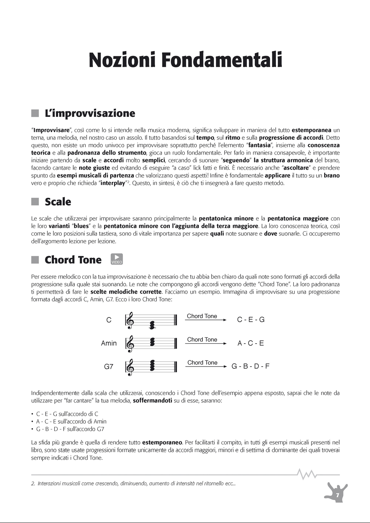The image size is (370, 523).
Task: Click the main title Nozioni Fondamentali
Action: pyautogui.click(x=185, y=60)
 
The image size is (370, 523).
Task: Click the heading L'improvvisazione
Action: pyautogui.click(x=90, y=113)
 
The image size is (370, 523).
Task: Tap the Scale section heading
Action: pyautogui.click(x=58, y=202)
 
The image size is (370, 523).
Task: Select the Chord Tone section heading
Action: pyautogui.click(x=73, y=260)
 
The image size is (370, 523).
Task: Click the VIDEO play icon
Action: pyautogui.click(x=117, y=259)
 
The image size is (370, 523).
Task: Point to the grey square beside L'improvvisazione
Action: pyautogui.click(x=35, y=113)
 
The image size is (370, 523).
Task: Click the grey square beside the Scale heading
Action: pyautogui.click(x=35, y=202)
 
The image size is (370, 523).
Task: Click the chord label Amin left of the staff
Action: pyautogui.click(x=109, y=343)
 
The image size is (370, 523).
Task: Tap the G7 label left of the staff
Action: pyautogui.click(x=109, y=367)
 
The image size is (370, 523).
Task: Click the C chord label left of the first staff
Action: pyautogui.click(x=109, y=320)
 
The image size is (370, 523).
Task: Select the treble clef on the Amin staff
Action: pyautogui.click(x=130, y=343)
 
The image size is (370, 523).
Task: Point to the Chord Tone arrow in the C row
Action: pyautogui.click(x=206, y=320)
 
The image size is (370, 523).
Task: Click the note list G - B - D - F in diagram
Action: pyautogui.click(x=250, y=367)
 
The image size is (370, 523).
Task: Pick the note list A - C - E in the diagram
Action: pyautogui.click(x=250, y=343)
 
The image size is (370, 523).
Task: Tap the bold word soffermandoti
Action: pyautogui.click(x=152, y=401)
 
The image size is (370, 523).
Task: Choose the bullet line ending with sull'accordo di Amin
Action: pyautogui.click(x=71, y=422)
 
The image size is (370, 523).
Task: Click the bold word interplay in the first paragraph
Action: pyautogui.click(x=113, y=183)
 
